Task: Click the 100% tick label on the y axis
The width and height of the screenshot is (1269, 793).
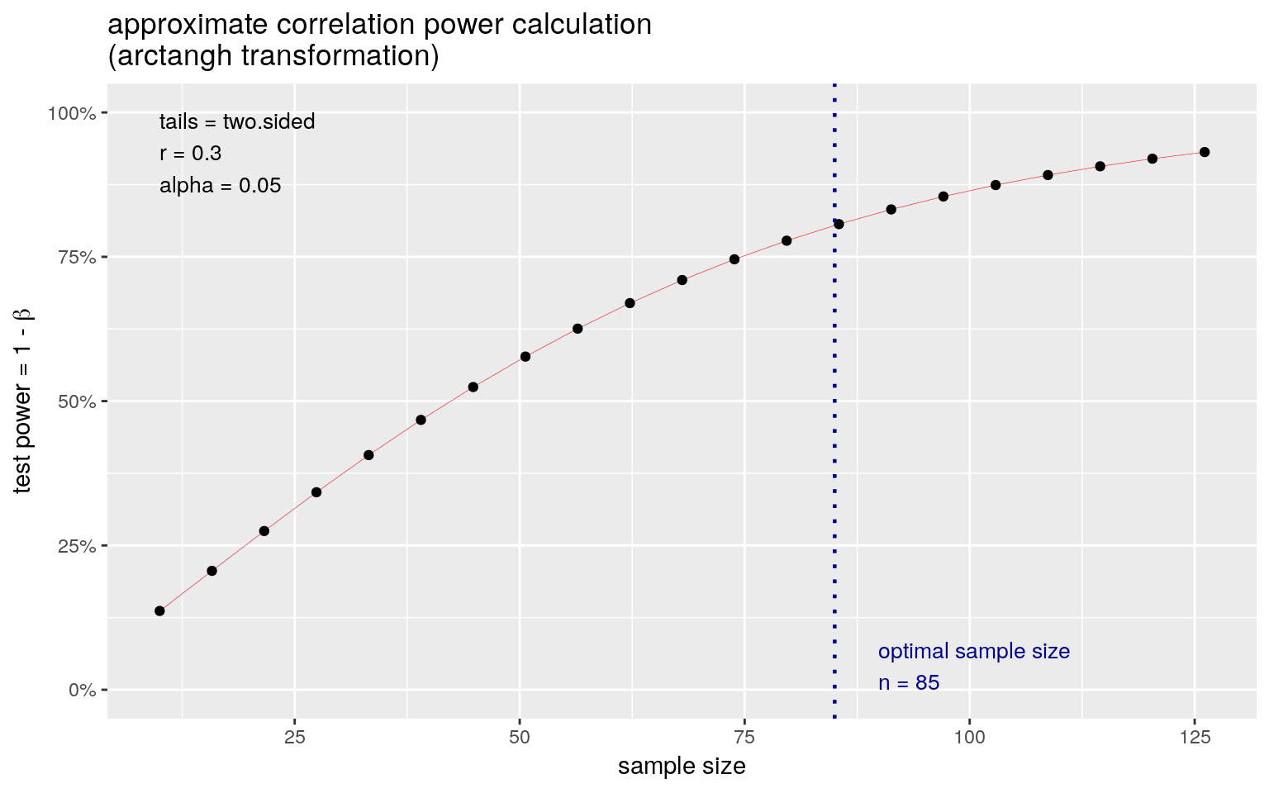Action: point(72,113)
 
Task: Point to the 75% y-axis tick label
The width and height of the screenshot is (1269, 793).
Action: point(75,257)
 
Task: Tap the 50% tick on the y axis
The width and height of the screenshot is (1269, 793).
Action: point(75,401)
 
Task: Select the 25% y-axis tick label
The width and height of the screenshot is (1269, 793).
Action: point(75,546)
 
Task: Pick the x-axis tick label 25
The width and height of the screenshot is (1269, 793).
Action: point(295,737)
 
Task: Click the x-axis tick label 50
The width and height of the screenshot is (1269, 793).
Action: point(520,737)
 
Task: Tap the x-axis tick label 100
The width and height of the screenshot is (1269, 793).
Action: point(969,737)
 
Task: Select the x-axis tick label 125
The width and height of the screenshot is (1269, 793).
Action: point(1194,737)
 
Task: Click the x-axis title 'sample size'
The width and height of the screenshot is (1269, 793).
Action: point(682,767)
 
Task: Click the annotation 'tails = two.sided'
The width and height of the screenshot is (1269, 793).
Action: point(237,122)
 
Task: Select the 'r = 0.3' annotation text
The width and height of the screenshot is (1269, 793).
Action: point(190,154)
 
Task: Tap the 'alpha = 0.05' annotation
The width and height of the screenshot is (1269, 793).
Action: point(220,186)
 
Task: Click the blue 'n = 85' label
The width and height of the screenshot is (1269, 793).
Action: point(909,683)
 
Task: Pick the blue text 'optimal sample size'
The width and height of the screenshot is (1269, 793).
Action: point(973,652)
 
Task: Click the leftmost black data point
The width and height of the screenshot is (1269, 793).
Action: point(159,611)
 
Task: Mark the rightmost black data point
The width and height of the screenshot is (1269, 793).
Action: point(1205,152)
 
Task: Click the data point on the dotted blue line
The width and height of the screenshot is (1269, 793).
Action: point(839,224)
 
